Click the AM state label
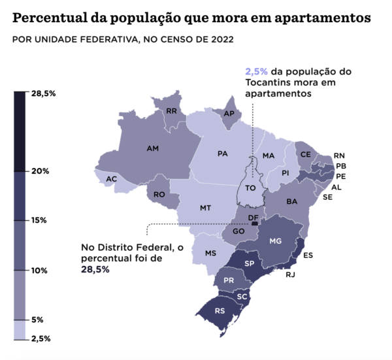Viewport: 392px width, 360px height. tap(153, 149)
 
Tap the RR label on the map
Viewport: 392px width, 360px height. tap(172, 111)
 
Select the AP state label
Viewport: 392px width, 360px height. tap(229, 114)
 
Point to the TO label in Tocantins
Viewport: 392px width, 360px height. tap(250, 188)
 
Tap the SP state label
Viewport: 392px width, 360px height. tap(249, 263)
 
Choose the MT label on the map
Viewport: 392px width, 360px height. tap(205, 208)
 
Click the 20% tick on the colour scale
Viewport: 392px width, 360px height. tap(41, 171)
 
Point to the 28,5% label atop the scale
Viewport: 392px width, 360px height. tap(43, 94)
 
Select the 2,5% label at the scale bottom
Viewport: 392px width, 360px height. tap(41, 338)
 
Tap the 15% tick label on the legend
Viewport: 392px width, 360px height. tap(40, 220)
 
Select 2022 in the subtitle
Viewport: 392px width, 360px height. tap(220, 39)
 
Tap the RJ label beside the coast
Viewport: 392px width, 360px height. tap(290, 274)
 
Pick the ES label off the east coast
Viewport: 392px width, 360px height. tap(308, 255)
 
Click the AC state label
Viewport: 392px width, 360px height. tap(112, 179)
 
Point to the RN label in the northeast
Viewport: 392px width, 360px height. tap(339, 155)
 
